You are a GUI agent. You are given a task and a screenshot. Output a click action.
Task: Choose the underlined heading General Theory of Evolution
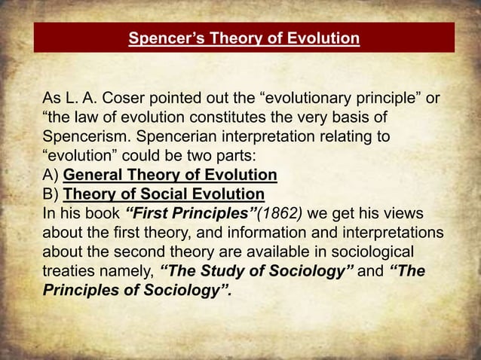(x=170, y=176)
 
